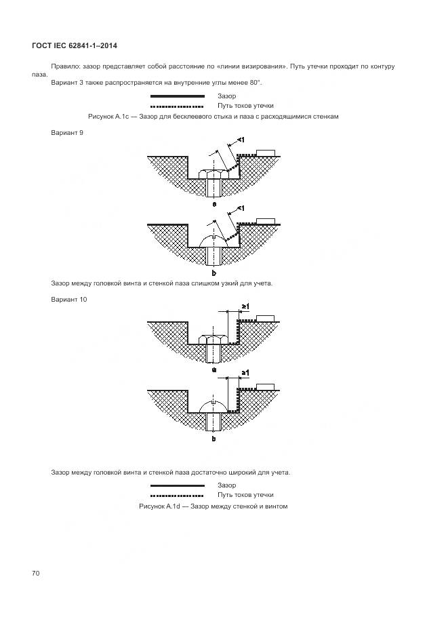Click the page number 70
point(36,574)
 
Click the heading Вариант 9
point(67,133)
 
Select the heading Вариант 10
point(68,299)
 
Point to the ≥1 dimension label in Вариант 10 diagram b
point(245,374)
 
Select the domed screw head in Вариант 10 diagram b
point(213,405)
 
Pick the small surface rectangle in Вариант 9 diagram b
point(266,220)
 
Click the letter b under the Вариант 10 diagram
point(213,439)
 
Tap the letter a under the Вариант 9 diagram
point(213,203)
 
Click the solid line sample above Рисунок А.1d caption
point(177,485)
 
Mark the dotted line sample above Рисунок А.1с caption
point(177,106)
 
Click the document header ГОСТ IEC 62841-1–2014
point(75,45)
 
